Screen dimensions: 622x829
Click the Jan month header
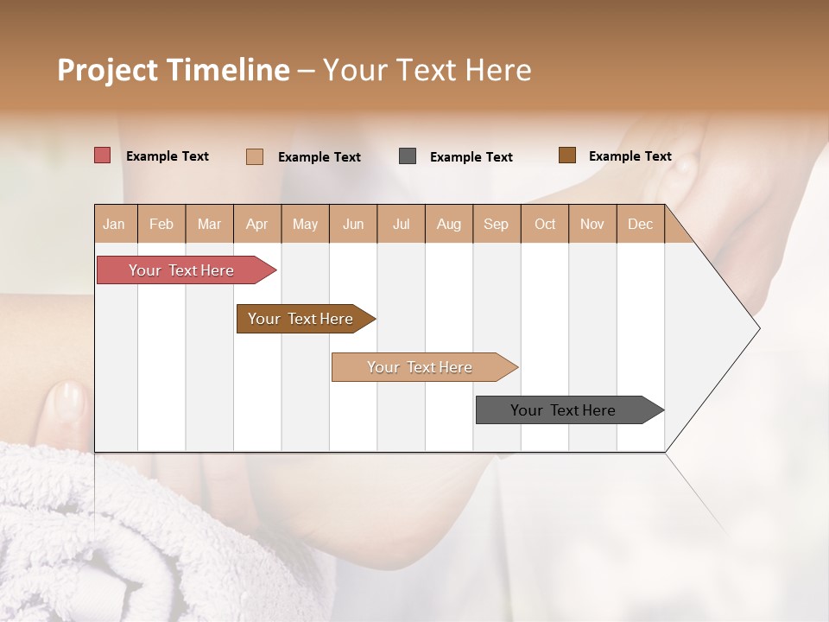[115, 224]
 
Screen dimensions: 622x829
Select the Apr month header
[257, 224]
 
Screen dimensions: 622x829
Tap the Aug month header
[449, 224]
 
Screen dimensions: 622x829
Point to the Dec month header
[641, 224]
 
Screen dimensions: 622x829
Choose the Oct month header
[545, 224]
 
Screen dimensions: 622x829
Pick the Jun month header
[353, 224]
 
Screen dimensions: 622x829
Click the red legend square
[103, 155]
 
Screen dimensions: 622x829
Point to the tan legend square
[255, 156]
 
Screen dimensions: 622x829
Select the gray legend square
[408, 156]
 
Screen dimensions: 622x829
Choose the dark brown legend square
[567, 155]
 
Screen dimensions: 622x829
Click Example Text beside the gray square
[471, 156]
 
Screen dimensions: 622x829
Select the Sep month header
[497, 224]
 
